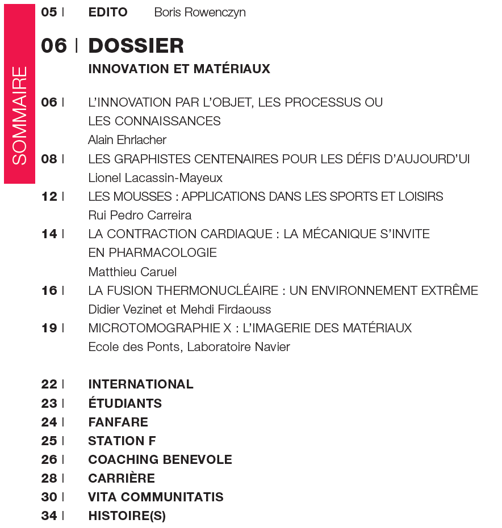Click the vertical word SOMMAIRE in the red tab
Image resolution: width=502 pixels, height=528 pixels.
click(19, 116)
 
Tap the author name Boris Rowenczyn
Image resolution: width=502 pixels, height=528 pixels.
click(200, 12)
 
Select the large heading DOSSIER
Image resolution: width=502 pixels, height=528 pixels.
click(136, 45)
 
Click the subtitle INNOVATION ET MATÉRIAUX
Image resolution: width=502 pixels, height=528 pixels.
click(179, 69)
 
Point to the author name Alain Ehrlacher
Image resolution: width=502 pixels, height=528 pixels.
click(127, 140)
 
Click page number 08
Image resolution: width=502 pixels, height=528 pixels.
click(49, 159)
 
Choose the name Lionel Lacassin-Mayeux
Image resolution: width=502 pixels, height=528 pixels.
click(155, 178)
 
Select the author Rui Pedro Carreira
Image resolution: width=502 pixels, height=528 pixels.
click(140, 215)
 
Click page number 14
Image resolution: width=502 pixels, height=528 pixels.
click(49, 234)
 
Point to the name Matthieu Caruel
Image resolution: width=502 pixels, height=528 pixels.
click(132, 271)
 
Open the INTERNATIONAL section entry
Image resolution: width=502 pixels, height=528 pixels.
click(141, 384)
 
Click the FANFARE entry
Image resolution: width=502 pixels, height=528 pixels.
click(118, 422)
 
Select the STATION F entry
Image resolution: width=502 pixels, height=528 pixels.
click(122, 441)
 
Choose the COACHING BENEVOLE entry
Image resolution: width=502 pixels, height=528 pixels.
click(160, 459)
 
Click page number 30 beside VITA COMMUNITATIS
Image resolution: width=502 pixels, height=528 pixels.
click(49, 497)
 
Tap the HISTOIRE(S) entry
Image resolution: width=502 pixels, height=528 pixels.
click(127, 516)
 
